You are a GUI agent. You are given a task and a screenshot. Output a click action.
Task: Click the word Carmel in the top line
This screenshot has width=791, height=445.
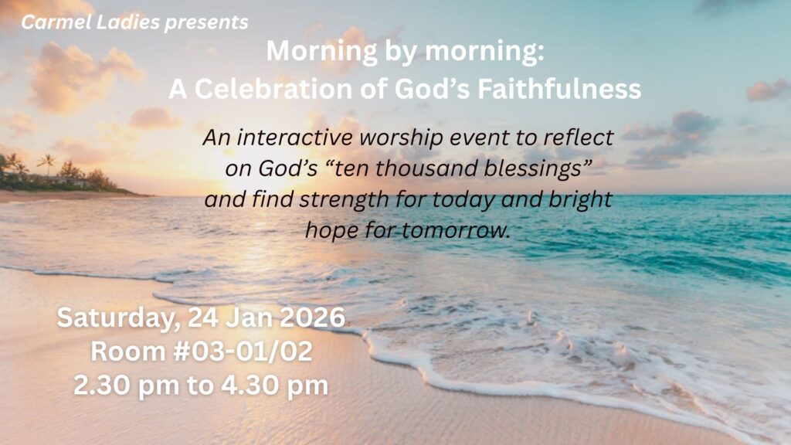point(56,22)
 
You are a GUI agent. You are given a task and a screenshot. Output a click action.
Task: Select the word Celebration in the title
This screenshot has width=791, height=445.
point(273,89)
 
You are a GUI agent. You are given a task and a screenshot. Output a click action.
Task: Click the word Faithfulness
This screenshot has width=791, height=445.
point(559,89)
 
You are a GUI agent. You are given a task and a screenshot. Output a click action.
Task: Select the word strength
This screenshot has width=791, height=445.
point(344,200)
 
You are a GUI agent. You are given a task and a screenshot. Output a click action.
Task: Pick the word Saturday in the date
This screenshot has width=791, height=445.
point(118,318)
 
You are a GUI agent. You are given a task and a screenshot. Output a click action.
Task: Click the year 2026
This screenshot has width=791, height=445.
point(312,318)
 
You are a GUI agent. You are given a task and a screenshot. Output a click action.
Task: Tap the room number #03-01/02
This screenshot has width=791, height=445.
point(243,352)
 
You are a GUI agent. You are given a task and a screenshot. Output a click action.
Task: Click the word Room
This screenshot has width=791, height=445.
point(128,352)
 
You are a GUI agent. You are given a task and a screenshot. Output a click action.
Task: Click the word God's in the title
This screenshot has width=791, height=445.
point(433,89)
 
